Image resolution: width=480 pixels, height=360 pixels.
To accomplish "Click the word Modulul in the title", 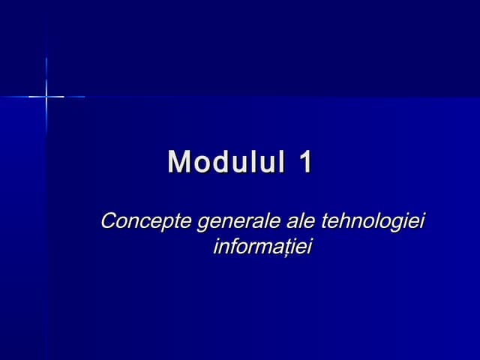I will [226, 162].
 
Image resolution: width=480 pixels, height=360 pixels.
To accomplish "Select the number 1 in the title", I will [304, 162].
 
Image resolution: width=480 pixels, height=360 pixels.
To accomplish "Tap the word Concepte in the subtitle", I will [145, 222].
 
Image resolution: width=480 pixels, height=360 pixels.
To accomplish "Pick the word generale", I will [238, 222].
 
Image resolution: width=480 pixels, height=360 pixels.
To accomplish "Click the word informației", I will [262, 247].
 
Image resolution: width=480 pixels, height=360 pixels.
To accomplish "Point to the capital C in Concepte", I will [109, 222].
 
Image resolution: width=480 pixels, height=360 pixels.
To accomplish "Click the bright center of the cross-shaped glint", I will [46, 96].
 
